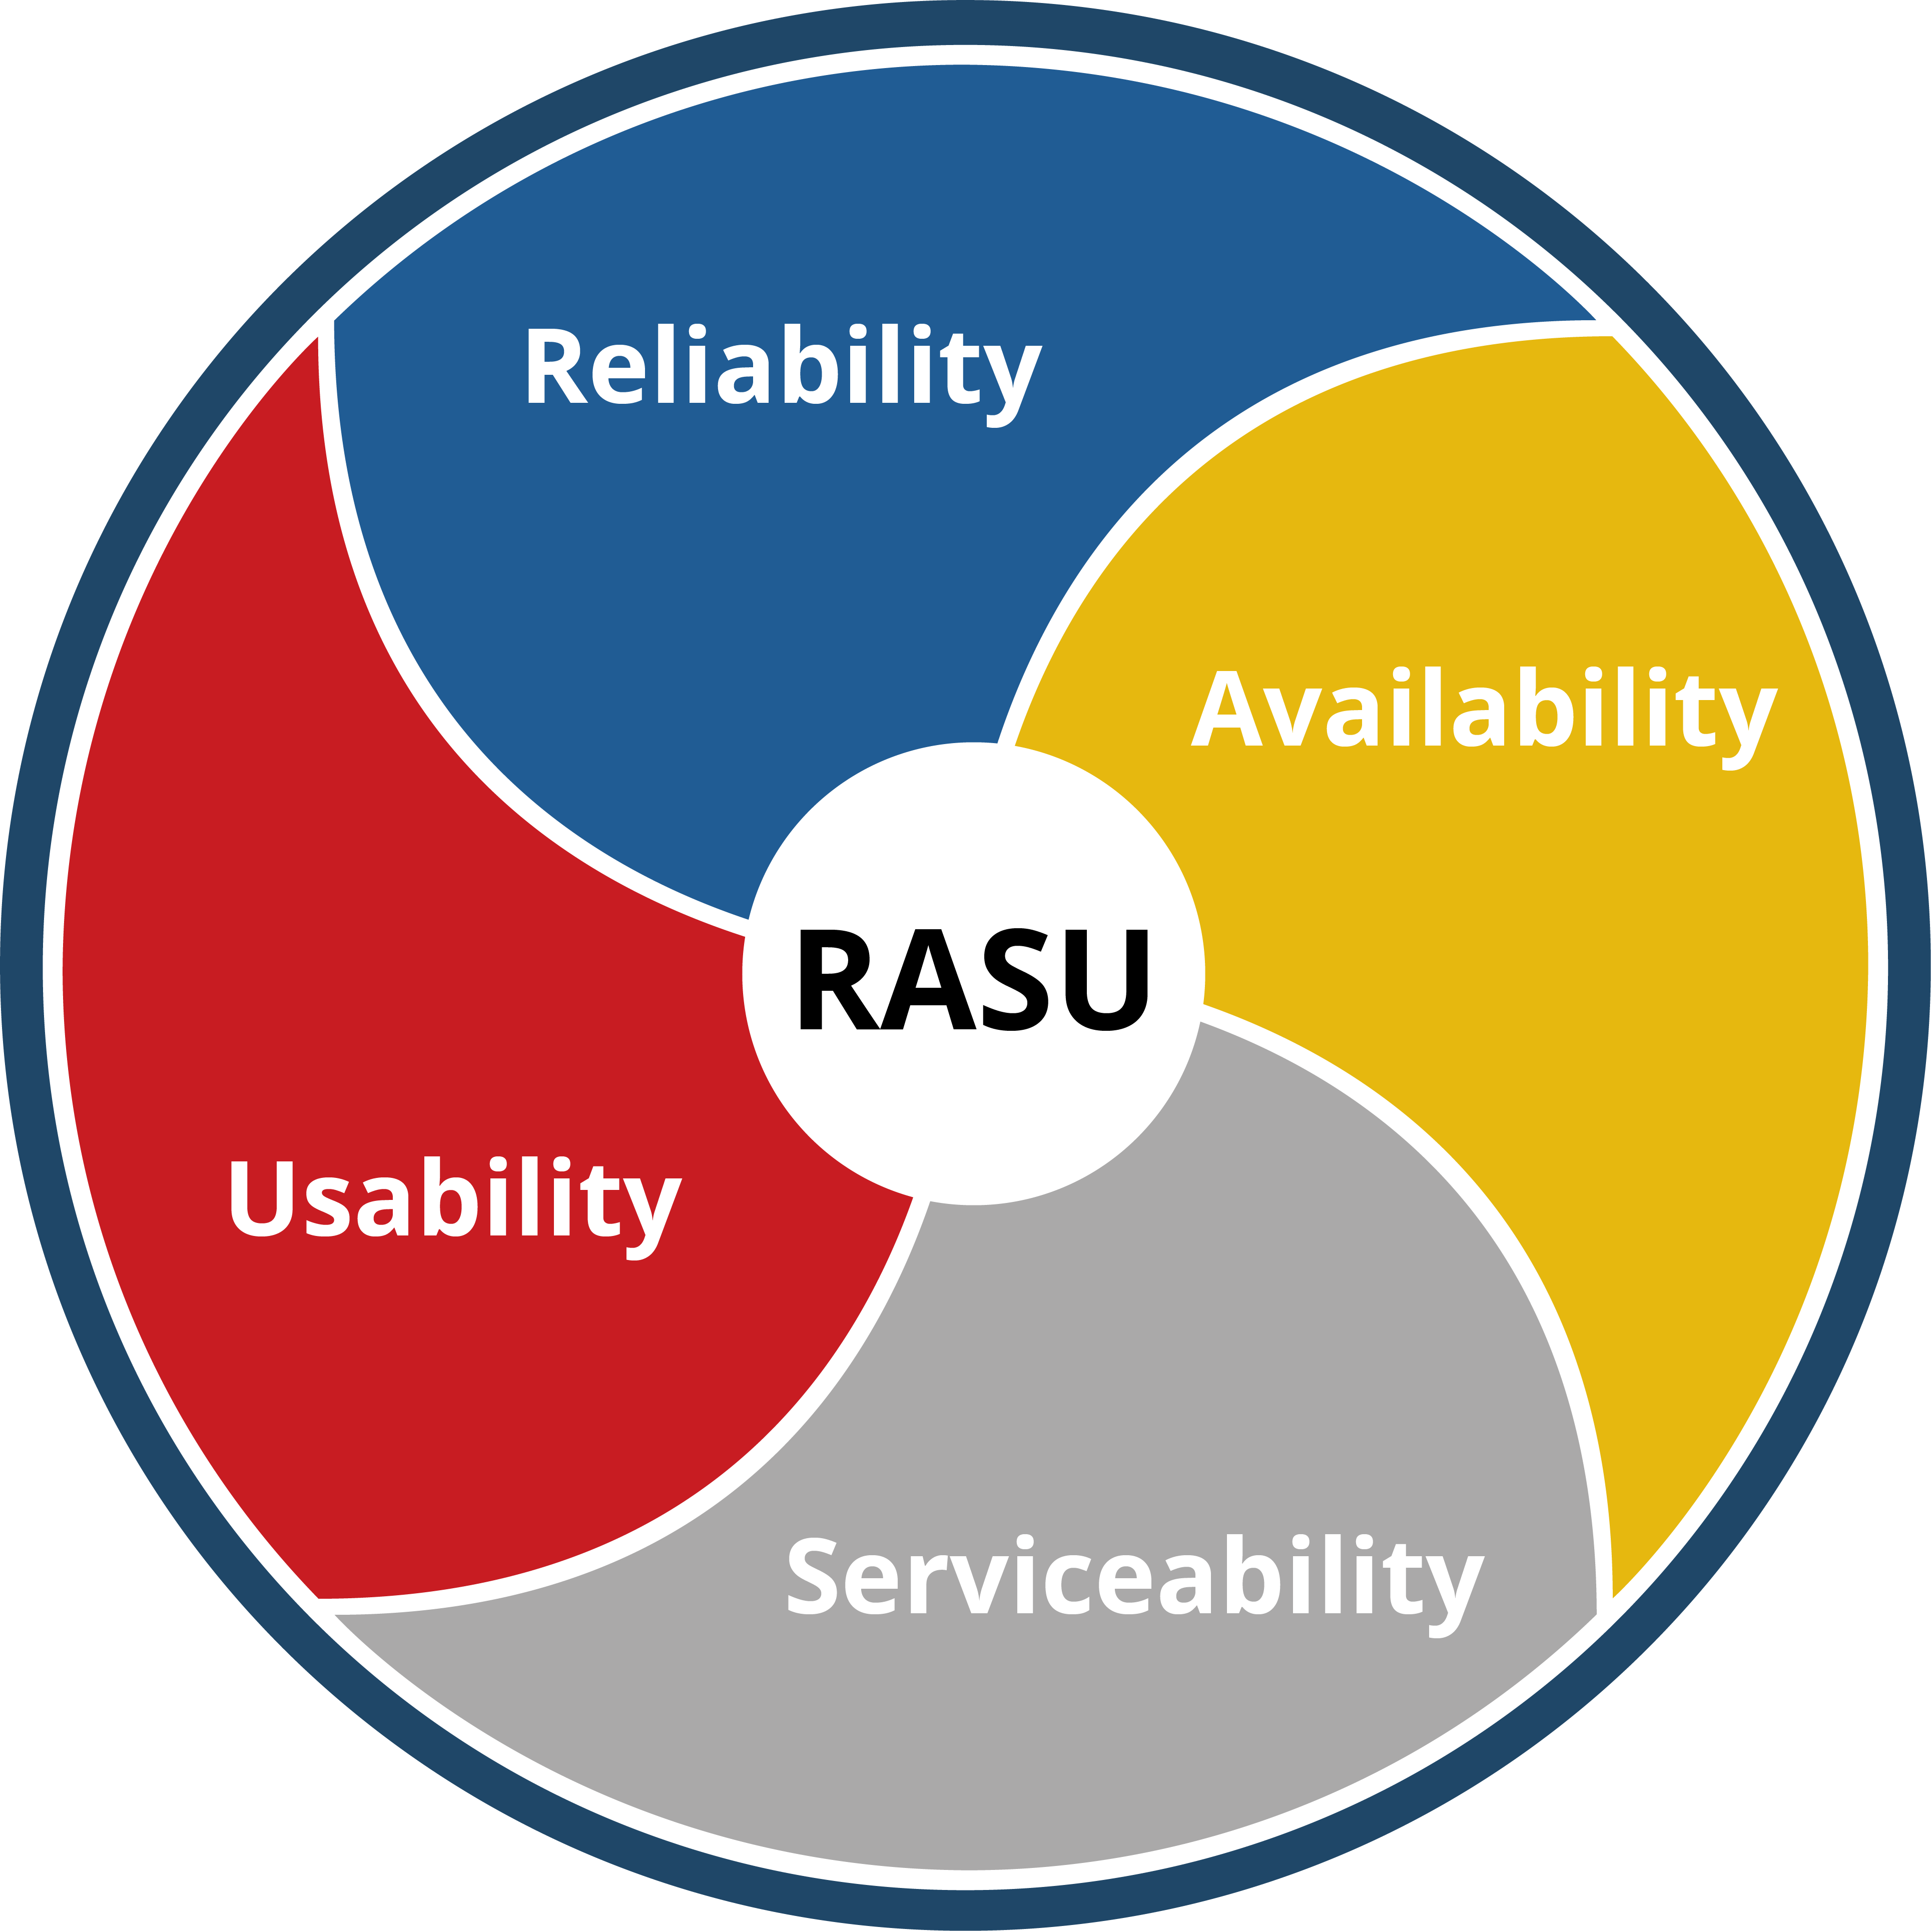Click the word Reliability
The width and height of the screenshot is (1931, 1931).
coord(783,367)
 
